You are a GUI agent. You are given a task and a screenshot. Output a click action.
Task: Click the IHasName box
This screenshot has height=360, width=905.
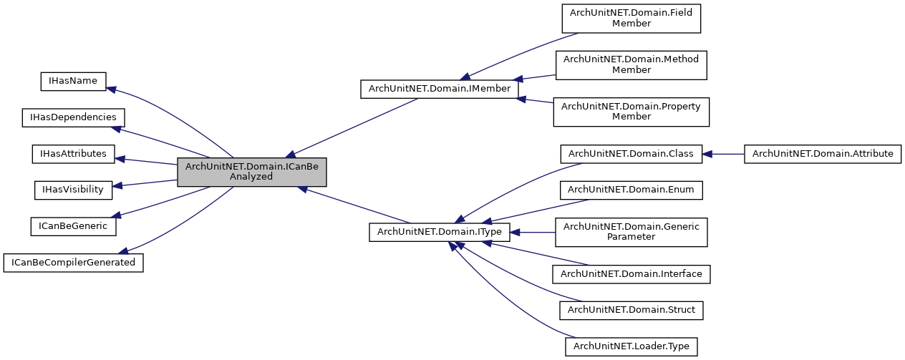point(73,81)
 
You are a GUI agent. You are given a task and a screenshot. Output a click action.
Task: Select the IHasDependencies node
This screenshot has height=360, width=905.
point(73,117)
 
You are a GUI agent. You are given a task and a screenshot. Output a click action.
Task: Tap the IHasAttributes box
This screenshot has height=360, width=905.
point(73,153)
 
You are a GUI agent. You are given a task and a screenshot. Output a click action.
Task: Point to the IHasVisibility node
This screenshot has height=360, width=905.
point(73,190)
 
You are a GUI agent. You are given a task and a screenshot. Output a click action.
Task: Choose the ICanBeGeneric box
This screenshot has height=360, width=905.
point(73,226)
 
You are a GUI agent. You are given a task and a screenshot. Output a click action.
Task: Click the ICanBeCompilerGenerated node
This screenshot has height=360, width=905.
point(73,263)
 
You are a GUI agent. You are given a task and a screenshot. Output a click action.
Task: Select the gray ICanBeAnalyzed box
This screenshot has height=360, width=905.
point(251,172)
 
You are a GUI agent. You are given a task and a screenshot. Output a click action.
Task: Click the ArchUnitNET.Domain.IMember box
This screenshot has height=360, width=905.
point(439,89)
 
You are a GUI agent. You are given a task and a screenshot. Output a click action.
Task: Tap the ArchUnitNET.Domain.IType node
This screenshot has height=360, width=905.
point(439,232)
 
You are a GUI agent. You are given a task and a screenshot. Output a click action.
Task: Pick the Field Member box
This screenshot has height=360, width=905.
point(631,18)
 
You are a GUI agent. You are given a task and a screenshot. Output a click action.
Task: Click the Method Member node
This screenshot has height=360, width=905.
point(631,64)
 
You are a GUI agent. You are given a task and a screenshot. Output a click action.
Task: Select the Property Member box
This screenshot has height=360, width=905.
point(631,111)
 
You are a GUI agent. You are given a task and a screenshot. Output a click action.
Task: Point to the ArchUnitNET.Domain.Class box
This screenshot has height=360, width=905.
point(631,154)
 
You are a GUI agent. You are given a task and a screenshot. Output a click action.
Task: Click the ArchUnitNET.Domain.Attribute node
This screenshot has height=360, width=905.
point(823,154)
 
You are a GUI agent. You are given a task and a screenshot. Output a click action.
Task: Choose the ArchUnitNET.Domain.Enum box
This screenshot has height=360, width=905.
point(631,190)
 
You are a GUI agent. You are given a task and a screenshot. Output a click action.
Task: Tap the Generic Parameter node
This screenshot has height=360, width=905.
point(631,232)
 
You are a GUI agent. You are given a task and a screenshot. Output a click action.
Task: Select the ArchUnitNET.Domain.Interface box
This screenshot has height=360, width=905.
point(631,273)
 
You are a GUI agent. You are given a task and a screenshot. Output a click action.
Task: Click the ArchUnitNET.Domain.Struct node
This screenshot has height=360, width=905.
point(631,310)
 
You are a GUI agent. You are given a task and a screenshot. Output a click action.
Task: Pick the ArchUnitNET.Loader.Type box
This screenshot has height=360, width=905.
point(631,346)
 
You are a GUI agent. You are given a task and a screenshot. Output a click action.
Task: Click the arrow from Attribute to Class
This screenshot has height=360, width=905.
point(723,154)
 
